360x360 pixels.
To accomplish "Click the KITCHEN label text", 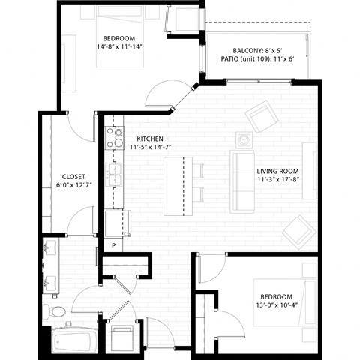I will [150, 139].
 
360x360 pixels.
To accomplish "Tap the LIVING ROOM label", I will [277, 171].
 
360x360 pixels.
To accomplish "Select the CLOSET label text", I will [73, 176].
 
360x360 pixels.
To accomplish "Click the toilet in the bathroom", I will [55, 310].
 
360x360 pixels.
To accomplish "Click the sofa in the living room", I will [241, 181].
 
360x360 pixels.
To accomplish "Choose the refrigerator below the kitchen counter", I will [118, 223].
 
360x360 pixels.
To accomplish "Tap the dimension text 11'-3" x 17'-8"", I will [277, 180].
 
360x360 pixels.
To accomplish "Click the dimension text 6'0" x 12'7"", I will [73, 185].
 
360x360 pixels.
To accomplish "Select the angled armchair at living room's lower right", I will [298, 232].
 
